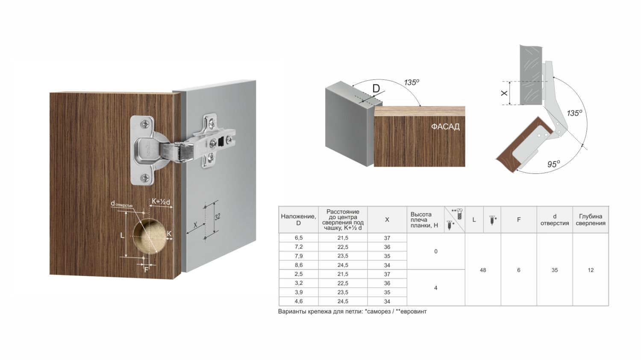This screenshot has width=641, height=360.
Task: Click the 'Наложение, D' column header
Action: (298, 220)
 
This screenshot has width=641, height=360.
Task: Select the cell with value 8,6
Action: (298, 265)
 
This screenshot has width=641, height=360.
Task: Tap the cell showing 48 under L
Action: (483, 270)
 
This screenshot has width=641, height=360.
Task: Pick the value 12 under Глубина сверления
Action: (591, 270)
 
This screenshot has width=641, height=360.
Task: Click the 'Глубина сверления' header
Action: (591, 220)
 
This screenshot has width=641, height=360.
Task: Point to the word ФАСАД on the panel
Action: (445, 127)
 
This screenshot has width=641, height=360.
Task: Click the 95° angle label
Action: (553, 164)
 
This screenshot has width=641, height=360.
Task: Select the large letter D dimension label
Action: (376, 89)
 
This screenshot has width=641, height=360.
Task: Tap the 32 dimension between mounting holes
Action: (218, 217)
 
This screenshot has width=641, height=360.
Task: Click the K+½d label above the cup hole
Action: (161, 202)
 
